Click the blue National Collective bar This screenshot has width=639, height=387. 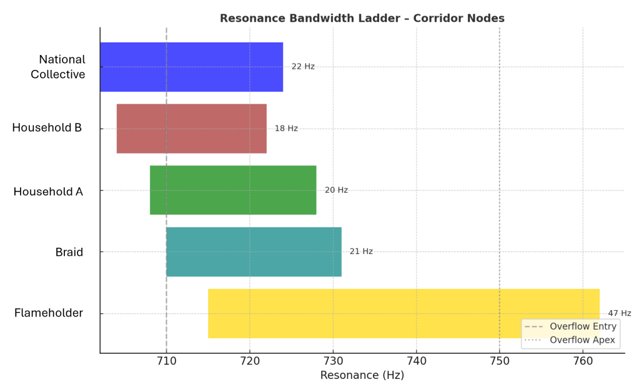191,67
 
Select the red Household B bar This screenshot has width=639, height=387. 191,129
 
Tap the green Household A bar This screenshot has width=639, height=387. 232,190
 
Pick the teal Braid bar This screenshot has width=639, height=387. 254,252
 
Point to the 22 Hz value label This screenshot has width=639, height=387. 303,66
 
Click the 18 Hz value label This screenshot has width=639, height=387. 286,129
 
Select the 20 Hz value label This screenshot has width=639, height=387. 336,190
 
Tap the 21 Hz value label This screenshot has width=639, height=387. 361,252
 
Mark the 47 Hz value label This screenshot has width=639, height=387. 619,313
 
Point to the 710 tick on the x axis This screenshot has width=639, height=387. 166,361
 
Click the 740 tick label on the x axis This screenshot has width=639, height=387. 416,361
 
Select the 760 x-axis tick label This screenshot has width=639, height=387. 583,361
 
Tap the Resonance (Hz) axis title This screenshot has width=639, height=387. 362,376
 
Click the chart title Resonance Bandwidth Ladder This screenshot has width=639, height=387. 362,18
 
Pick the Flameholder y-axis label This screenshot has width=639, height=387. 49,313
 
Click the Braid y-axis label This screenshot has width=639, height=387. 69,252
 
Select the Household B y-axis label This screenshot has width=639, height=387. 47,128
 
